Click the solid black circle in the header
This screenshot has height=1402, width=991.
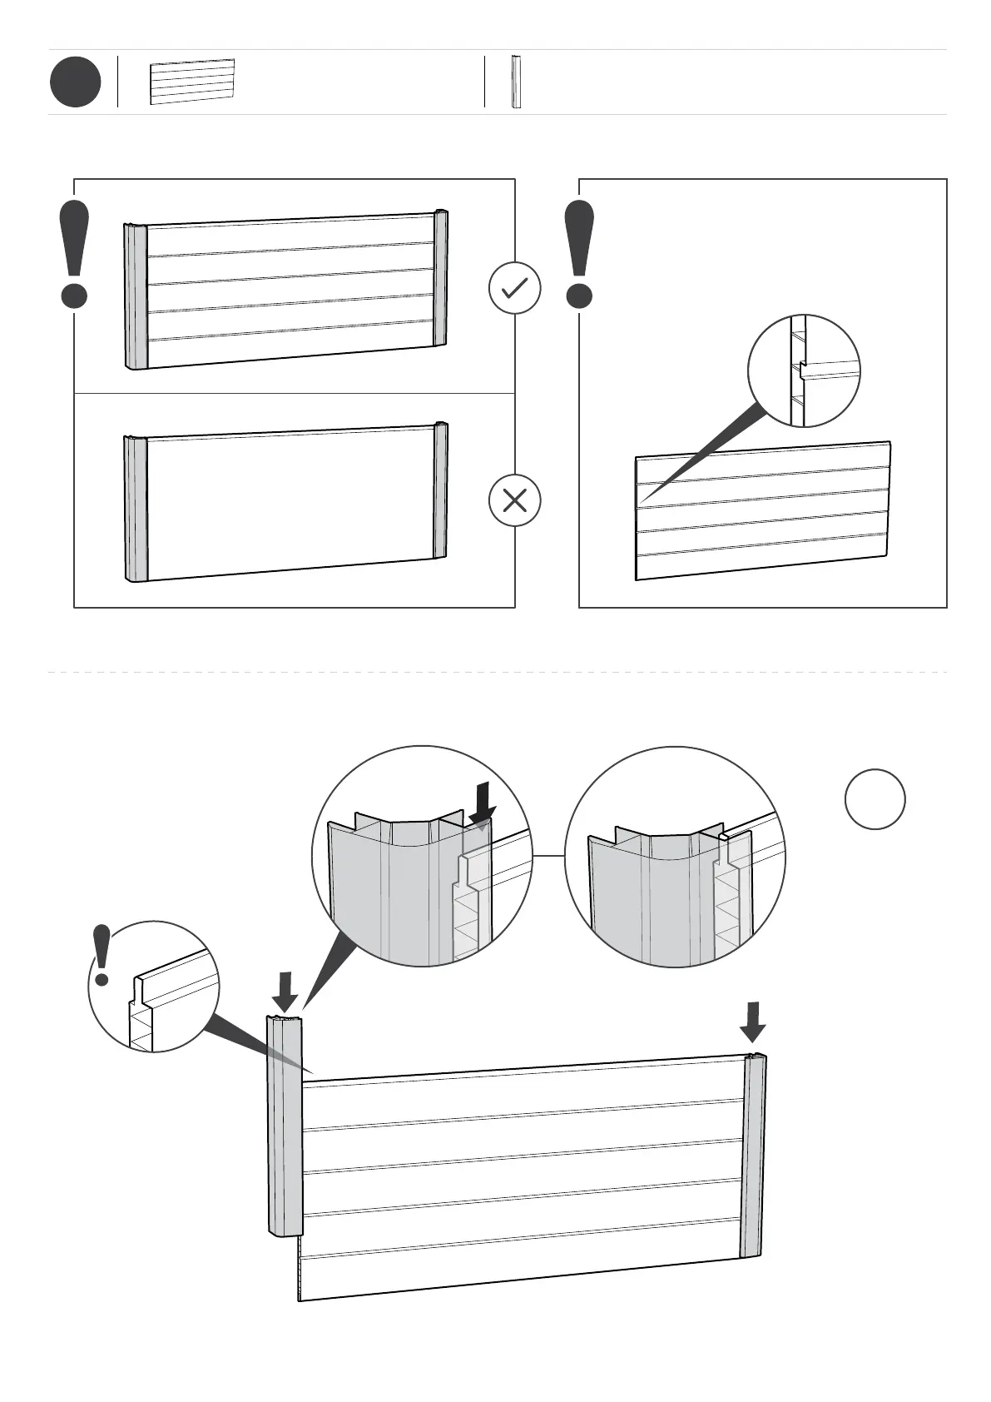(75, 82)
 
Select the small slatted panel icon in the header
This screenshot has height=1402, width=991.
(192, 82)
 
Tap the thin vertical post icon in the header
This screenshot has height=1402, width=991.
(516, 82)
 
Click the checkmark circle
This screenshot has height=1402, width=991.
(514, 288)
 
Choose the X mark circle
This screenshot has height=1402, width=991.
(514, 500)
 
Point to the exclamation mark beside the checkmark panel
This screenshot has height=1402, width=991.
(74, 254)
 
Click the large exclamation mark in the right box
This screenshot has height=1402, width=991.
(579, 254)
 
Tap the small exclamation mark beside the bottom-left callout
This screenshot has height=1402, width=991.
(102, 955)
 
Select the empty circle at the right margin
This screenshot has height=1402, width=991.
(875, 798)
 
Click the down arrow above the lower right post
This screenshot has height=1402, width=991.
(753, 1022)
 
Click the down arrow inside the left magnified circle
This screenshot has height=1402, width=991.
(482, 807)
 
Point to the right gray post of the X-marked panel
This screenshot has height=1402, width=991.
(440, 491)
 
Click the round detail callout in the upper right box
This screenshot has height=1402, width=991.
(804, 370)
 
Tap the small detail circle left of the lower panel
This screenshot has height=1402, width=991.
(154, 986)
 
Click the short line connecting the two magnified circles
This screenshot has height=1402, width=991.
(548, 855)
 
